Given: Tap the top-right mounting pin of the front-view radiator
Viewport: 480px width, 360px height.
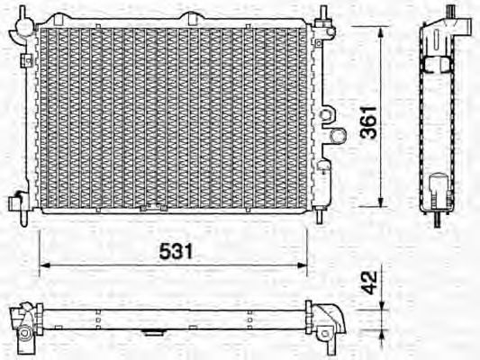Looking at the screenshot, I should (322, 12).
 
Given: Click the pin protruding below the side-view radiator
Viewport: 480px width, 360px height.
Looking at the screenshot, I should (439, 220).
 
